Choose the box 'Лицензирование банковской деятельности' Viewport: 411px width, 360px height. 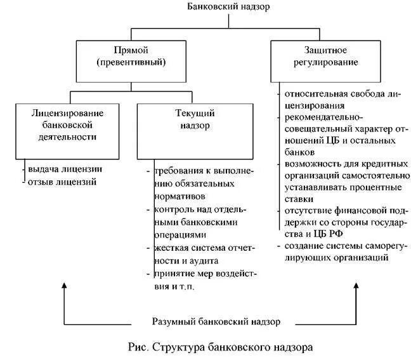click(x=67, y=124)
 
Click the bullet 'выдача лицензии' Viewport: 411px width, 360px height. click(x=64, y=170)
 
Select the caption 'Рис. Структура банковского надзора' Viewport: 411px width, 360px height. click(x=220, y=347)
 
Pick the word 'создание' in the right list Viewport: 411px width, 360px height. click(x=303, y=246)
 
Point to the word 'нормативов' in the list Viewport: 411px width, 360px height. click(x=177, y=197)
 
